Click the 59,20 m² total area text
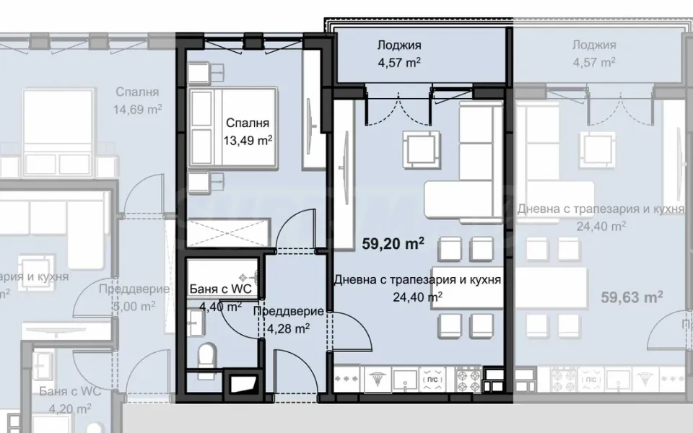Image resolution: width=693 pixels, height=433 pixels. [393, 244]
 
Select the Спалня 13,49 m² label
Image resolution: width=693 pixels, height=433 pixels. [247, 131]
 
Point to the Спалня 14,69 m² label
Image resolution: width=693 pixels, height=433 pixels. [138, 101]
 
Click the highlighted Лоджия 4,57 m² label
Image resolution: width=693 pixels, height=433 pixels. [398, 54]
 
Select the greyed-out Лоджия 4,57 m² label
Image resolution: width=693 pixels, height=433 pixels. [593, 54]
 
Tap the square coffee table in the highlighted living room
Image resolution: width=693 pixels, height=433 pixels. [420, 148]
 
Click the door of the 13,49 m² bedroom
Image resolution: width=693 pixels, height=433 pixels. [296, 229]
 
